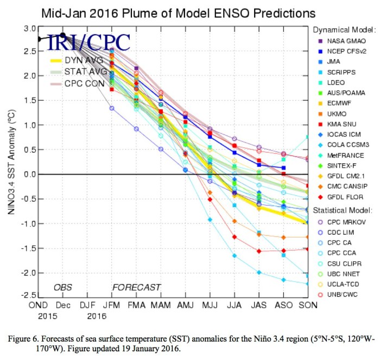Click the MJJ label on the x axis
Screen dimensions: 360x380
pos(210,305)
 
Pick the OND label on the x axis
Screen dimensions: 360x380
pos(40,305)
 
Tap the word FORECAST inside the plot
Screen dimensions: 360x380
pos(136,287)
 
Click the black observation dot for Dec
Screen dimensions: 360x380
pos(63,35)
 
